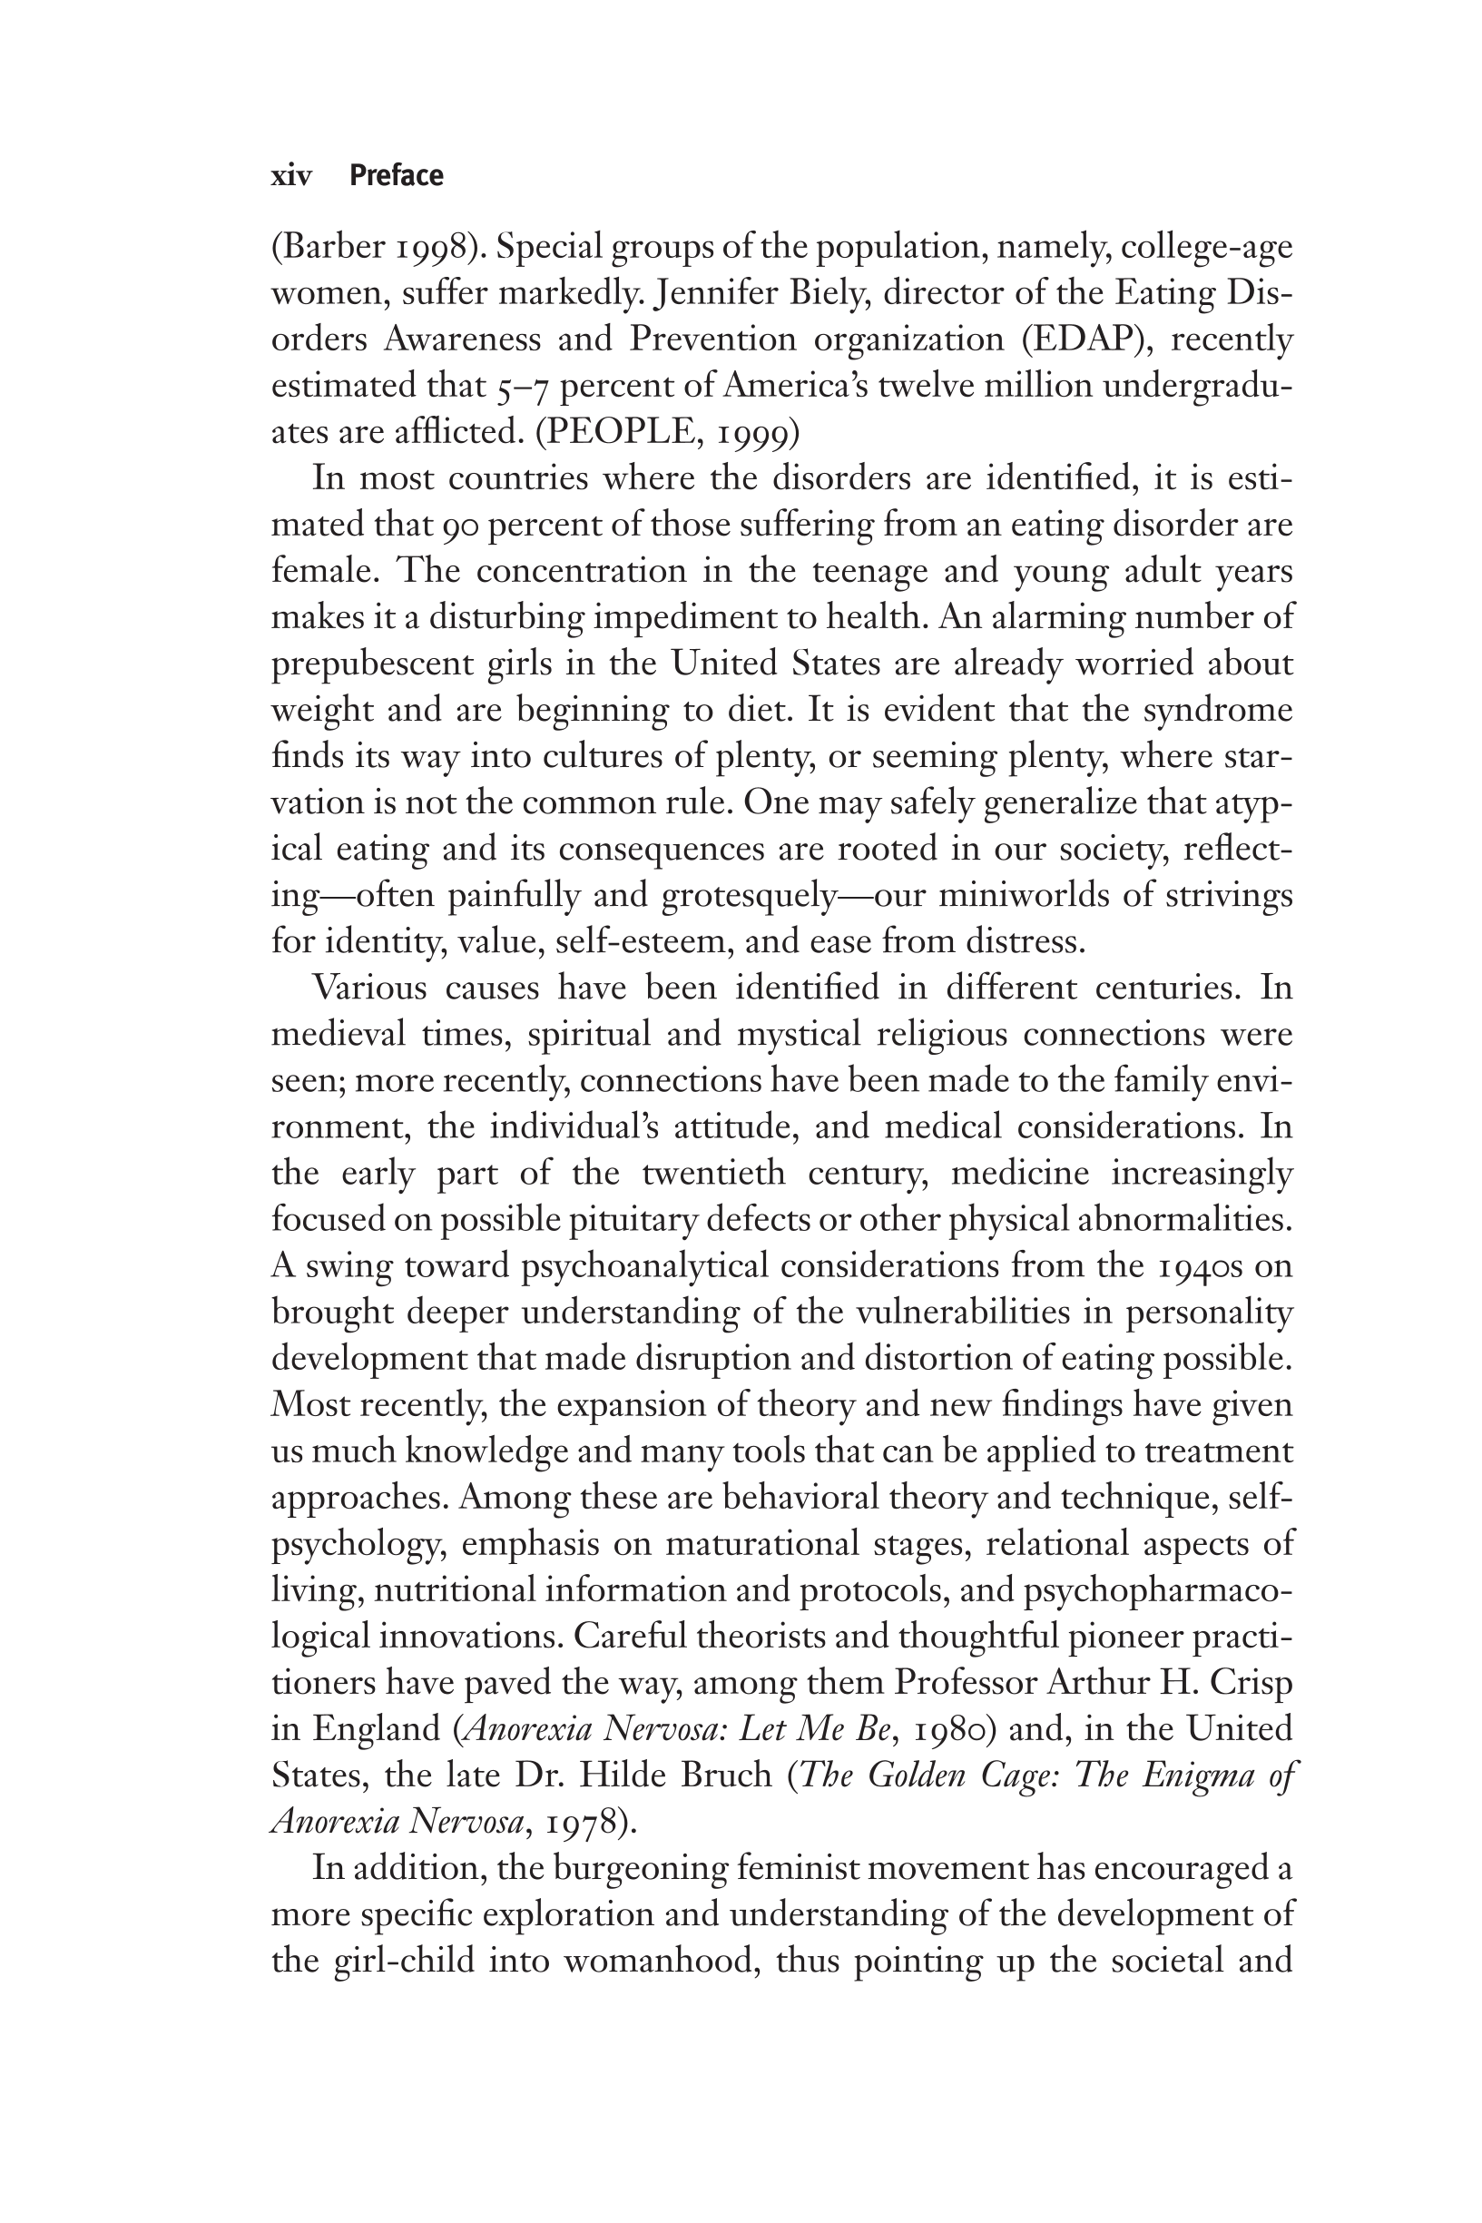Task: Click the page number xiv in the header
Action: (291, 177)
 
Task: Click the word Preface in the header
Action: (396, 176)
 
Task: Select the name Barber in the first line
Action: (331, 248)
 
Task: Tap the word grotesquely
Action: (748, 896)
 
